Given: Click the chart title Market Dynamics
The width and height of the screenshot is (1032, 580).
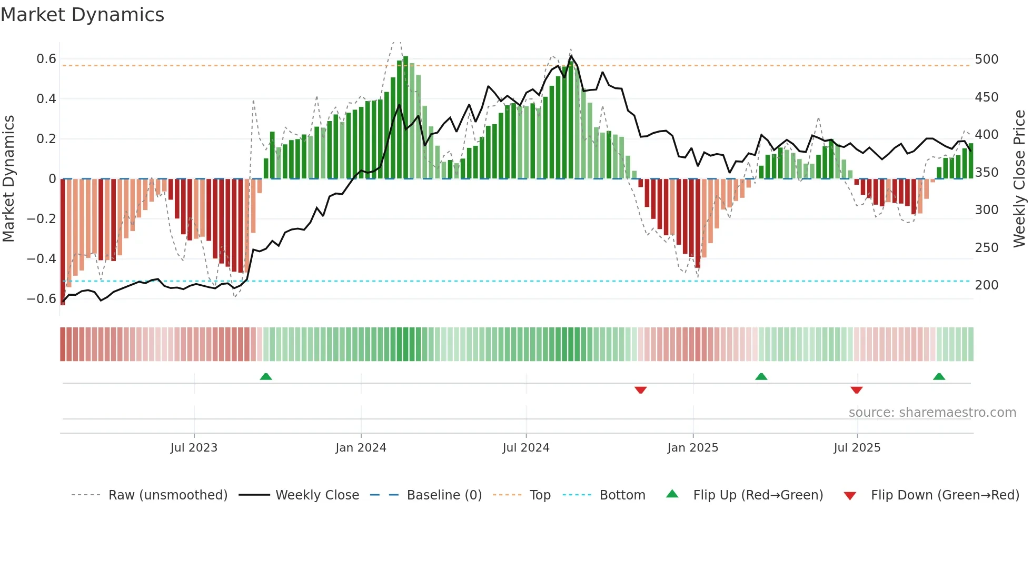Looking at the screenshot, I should click(x=83, y=15).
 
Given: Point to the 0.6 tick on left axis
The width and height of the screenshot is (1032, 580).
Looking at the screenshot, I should click(x=46, y=59).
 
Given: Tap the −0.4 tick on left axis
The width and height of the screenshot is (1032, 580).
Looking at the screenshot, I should click(x=42, y=258).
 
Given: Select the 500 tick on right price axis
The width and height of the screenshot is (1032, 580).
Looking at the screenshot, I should click(x=986, y=59).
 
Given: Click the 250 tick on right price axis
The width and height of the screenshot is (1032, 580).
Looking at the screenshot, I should click(x=986, y=247).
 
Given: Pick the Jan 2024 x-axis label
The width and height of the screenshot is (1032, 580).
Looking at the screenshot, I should click(x=361, y=448).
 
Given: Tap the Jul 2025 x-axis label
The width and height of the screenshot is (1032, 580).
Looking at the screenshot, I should click(x=857, y=448).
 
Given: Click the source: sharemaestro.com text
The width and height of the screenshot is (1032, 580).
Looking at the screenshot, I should click(x=932, y=413).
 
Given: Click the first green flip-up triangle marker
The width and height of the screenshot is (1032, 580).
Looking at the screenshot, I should click(x=266, y=377).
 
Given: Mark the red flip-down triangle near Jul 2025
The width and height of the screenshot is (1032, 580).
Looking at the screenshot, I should click(x=856, y=390).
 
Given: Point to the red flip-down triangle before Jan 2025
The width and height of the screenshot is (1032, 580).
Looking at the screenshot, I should click(x=640, y=390).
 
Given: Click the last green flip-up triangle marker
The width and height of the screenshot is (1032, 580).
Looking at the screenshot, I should click(x=939, y=377).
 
